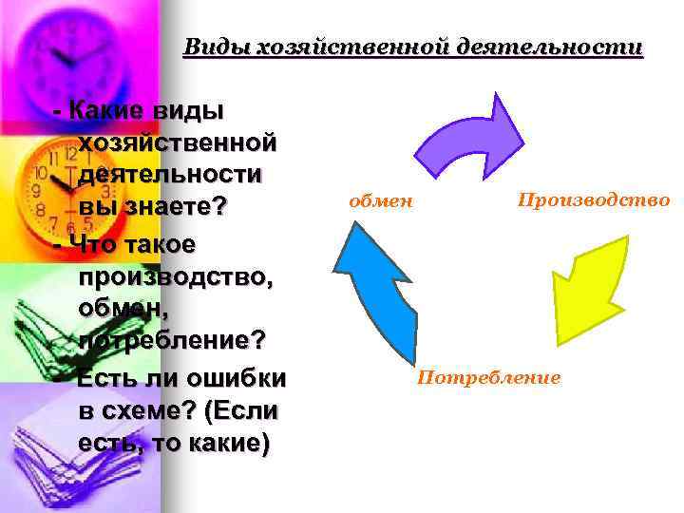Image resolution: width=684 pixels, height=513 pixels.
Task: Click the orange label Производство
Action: pos(593,200)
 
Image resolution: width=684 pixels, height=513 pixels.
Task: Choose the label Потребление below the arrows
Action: pos(489,377)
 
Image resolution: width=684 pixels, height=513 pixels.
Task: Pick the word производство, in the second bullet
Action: pos(177,276)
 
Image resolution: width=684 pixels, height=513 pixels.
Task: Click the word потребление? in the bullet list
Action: pos(172,340)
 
